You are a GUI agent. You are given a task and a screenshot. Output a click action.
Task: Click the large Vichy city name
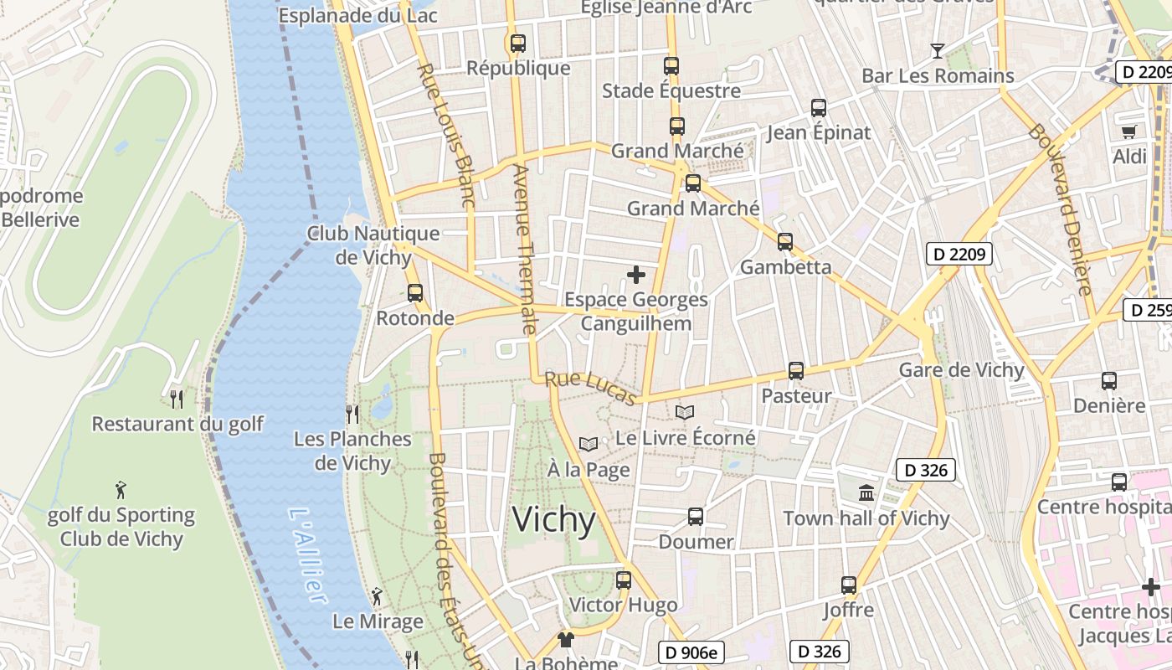[553, 520]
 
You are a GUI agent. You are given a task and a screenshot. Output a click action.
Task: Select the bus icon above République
[518, 43]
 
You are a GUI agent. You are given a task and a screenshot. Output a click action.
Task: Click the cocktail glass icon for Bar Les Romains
[938, 51]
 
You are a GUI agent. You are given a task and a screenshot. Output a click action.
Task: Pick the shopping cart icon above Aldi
[1128, 131]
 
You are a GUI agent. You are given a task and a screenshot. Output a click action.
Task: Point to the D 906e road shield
[690, 652]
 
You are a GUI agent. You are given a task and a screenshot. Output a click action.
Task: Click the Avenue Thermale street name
[523, 249]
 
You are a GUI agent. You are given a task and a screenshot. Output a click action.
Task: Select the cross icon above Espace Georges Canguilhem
[636, 274]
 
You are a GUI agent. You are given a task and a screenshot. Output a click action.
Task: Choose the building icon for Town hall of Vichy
[866, 492]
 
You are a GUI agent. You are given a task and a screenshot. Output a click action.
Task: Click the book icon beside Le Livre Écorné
[685, 412]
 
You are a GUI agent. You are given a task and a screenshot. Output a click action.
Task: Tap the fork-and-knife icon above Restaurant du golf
[177, 399]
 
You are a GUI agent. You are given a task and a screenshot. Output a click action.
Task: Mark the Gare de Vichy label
[961, 370]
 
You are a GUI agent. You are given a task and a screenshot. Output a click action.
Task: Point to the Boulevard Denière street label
[1061, 209]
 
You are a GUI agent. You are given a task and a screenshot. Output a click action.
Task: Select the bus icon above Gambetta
[785, 242]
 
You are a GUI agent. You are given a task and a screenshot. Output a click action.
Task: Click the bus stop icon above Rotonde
[415, 293]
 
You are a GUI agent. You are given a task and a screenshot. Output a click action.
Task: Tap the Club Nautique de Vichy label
[373, 245]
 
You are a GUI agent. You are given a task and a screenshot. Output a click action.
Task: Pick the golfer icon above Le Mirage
[378, 596]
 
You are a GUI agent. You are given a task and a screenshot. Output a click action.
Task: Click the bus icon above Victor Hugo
[624, 580]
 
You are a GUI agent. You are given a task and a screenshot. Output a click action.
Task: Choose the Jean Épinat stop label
[819, 132]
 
